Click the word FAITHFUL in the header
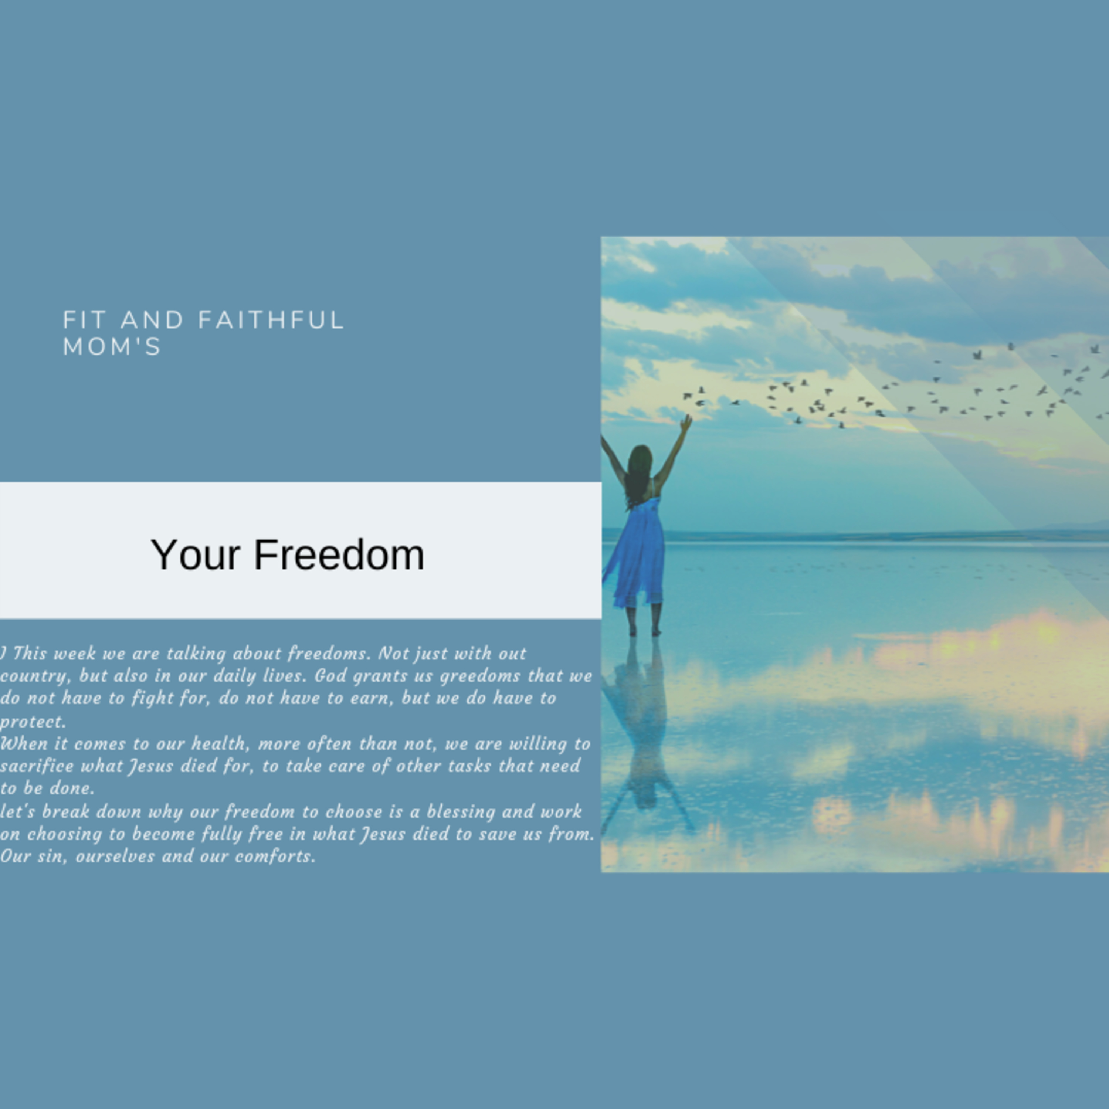point(271,320)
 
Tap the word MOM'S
point(112,347)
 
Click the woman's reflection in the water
point(644,735)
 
